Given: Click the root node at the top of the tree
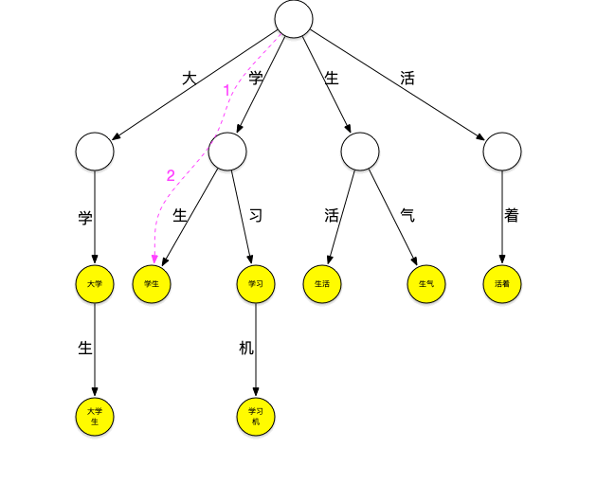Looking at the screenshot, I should (294, 19).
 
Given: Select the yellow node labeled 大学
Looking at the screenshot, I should (95, 283).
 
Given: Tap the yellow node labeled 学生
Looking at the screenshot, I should (152, 283).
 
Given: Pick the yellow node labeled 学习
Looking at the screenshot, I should (256, 283).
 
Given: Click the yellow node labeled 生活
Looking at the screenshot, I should (322, 283).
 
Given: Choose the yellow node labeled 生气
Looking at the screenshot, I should (426, 283).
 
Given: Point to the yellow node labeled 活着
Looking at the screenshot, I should (502, 283).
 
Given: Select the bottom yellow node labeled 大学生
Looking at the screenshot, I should (95, 416).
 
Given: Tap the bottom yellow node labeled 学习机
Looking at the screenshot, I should (256, 416).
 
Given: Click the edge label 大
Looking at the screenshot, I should (190, 79).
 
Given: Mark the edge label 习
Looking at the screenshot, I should (255, 216).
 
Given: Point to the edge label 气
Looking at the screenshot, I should (407, 216).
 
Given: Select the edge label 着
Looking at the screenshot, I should (512, 216).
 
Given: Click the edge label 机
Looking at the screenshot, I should (246, 349).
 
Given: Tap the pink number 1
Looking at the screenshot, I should (227, 91).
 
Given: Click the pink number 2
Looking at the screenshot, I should (171, 175).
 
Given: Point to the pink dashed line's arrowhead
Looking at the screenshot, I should (153, 259).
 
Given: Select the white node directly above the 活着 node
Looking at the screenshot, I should (502, 151).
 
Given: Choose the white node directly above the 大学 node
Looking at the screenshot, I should (95, 151).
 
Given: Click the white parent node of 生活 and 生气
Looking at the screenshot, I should (360, 151).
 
